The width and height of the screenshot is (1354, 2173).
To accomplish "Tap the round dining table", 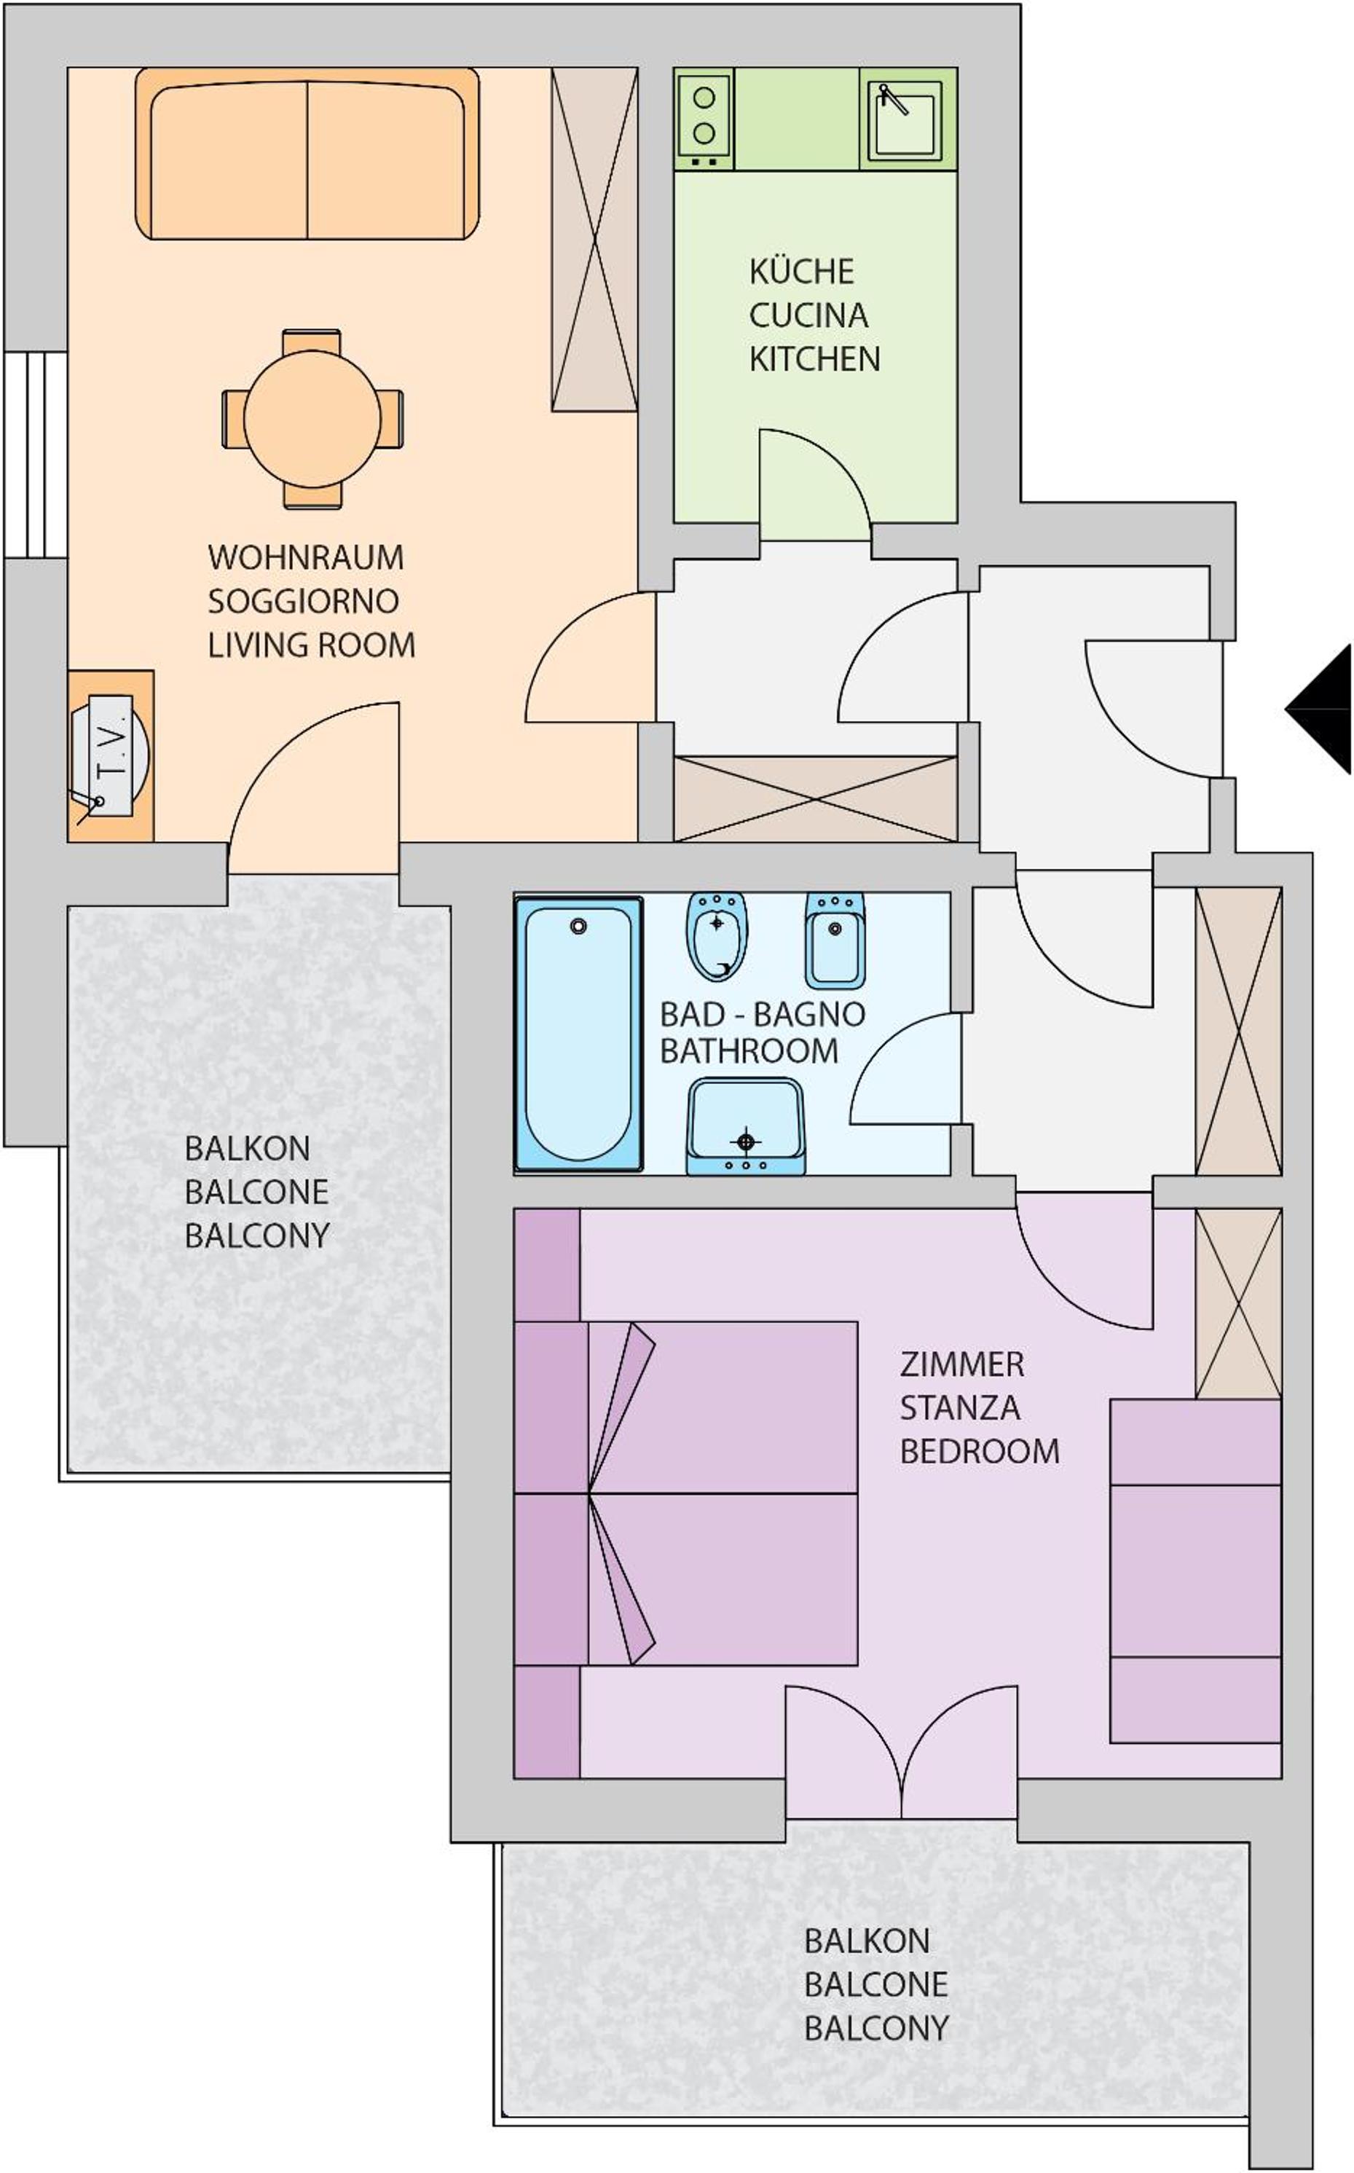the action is pos(312,418).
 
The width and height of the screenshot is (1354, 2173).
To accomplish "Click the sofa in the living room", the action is pos(307,153).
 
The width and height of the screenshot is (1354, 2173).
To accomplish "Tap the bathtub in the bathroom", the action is pos(578,1034).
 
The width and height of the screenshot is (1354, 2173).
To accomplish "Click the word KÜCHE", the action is pos(801,272).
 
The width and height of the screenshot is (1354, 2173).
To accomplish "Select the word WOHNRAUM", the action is pos(305,557).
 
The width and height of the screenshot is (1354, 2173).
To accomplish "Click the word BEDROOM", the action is pos(980,1451).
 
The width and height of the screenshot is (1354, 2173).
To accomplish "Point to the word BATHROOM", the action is pos(749,1050).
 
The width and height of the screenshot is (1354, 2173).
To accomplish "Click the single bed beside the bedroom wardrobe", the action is pos(1194,1571).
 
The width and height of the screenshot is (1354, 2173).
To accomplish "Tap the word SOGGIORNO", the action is pos(303,601).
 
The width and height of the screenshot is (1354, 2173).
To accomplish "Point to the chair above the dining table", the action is pos(312,341).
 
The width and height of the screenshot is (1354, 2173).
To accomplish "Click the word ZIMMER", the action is pos(961,1364).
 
